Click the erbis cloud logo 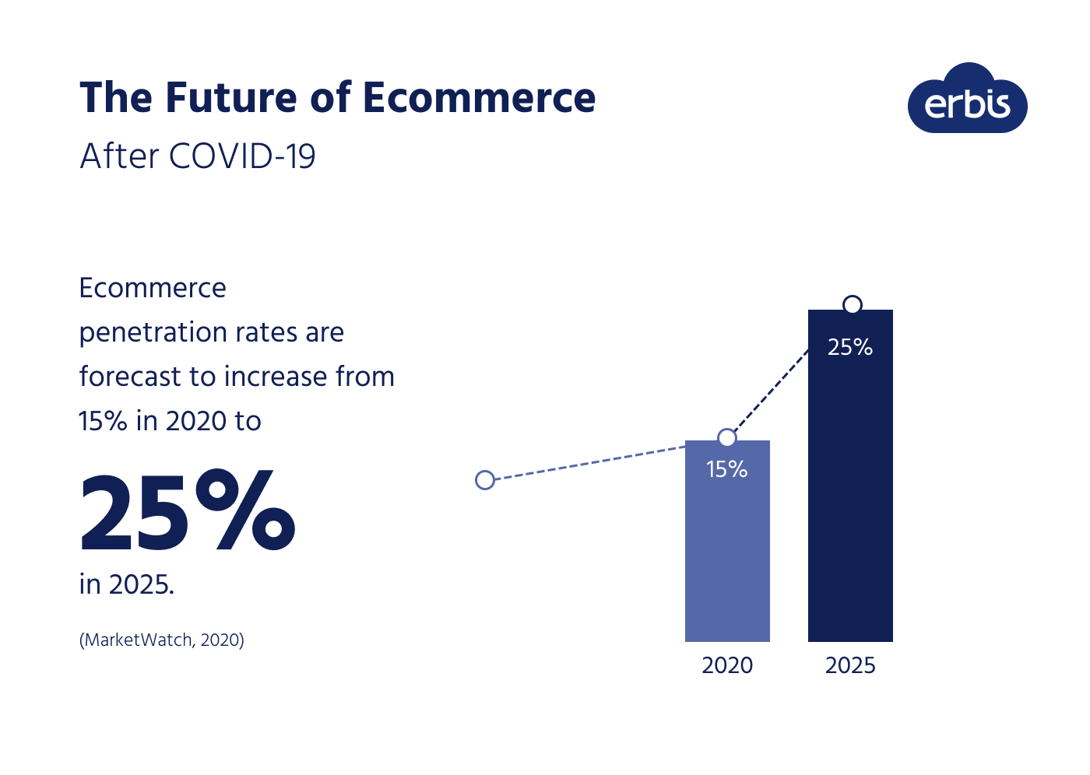point(967,101)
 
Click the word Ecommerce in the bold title point(479,98)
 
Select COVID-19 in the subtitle point(242,156)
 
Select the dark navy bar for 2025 point(850,506)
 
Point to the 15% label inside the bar point(727,469)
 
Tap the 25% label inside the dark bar point(850,347)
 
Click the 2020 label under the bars point(727,665)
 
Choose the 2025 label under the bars point(850,665)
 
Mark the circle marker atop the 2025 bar point(853,304)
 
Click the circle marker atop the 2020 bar point(726,438)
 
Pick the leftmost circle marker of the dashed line point(485,480)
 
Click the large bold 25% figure point(188,511)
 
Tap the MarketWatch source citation point(162,640)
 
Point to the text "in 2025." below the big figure point(127,584)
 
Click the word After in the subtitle point(119,156)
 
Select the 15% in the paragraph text point(103,421)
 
